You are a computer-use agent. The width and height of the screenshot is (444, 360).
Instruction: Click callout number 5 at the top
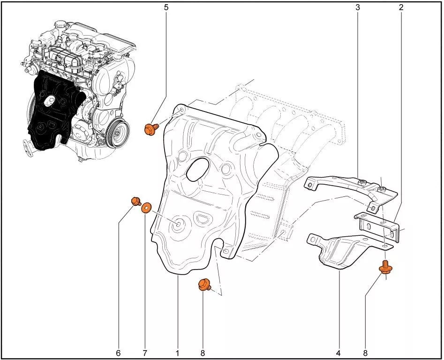click(166, 7)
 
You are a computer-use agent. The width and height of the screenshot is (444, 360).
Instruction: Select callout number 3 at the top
click(358, 7)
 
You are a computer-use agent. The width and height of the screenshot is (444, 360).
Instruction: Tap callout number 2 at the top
click(401, 7)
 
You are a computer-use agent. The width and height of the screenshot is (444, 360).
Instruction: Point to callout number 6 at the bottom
click(118, 353)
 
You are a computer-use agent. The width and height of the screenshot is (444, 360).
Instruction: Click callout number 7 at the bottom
click(145, 353)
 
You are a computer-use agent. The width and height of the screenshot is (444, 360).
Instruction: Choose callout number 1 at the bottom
click(177, 353)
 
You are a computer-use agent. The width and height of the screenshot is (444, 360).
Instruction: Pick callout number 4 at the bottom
click(338, 353)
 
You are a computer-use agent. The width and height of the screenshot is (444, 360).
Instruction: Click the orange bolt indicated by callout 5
click(151, 129)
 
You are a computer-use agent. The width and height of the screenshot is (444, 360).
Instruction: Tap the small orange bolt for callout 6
click(136, 201)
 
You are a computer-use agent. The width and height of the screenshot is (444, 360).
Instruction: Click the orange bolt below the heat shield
click(204, 285)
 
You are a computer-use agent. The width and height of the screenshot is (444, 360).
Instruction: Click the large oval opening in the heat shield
click(198, 169)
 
